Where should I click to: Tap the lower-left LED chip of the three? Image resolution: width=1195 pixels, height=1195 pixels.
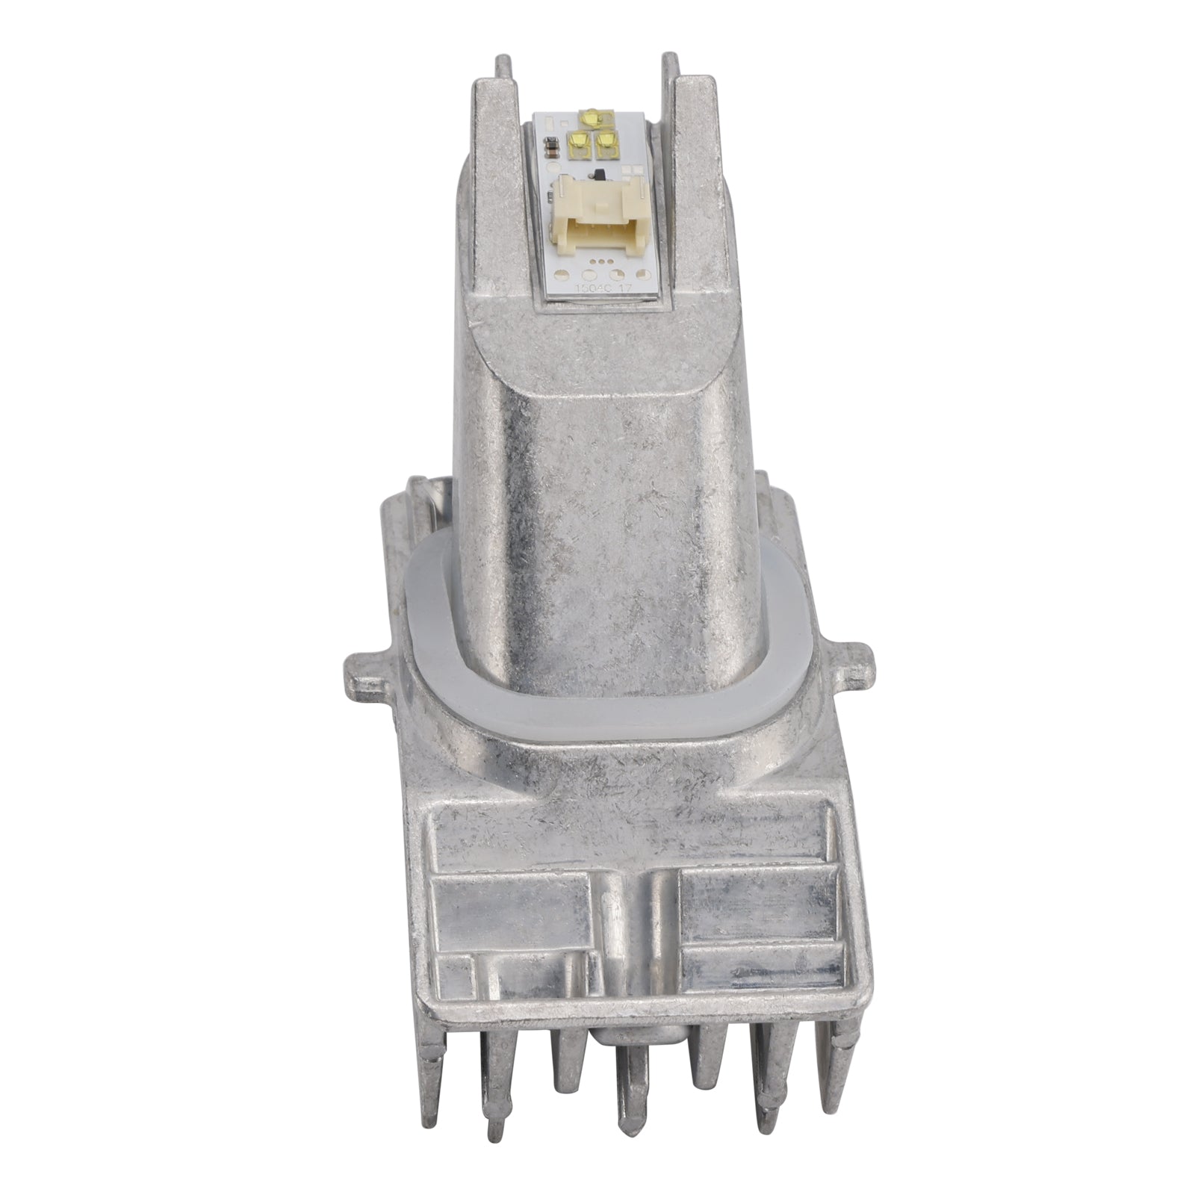pyautogui.click(x=579, y=140)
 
